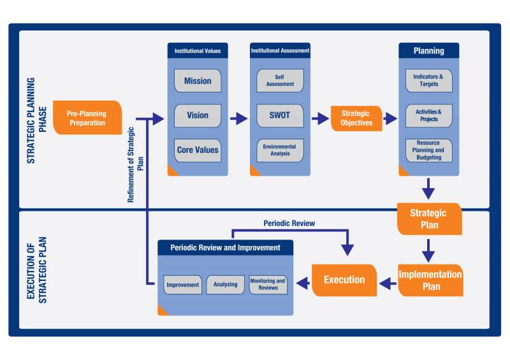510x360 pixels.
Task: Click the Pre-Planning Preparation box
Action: click(x=87, y=118)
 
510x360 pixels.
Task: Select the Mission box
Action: click(x=198, y=81)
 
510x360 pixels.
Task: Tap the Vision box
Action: click(x=198, y=115)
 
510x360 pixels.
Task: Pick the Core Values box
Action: click(x=198, y=150)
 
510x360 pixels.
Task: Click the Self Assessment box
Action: click(x=280, y=80)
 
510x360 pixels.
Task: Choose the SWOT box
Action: click(x=280, y=115)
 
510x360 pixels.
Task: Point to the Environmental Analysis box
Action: click(x=280, y=150)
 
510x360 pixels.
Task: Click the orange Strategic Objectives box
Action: click(x=356, y=119)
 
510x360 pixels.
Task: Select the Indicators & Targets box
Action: click(x=429, y=80)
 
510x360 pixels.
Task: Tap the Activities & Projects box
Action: click(x=429, y=115)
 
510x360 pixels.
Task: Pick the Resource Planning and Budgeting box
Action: click(x=429, y=150)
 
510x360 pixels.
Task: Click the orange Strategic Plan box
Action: click(x=428, y=219)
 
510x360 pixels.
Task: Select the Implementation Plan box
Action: click(x=430, y=280)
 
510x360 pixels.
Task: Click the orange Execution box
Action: click(x=344, y=280)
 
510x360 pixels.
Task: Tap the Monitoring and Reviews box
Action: click(x=268, y=285)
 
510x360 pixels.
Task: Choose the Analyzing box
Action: click(x=226, y=285)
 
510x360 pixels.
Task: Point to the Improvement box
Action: click(x=183, y=285)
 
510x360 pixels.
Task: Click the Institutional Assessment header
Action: click(x=280, y=50)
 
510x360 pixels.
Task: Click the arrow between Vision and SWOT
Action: click(x=238, y=118)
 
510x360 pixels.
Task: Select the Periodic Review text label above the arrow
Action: click(x=289, y=224)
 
